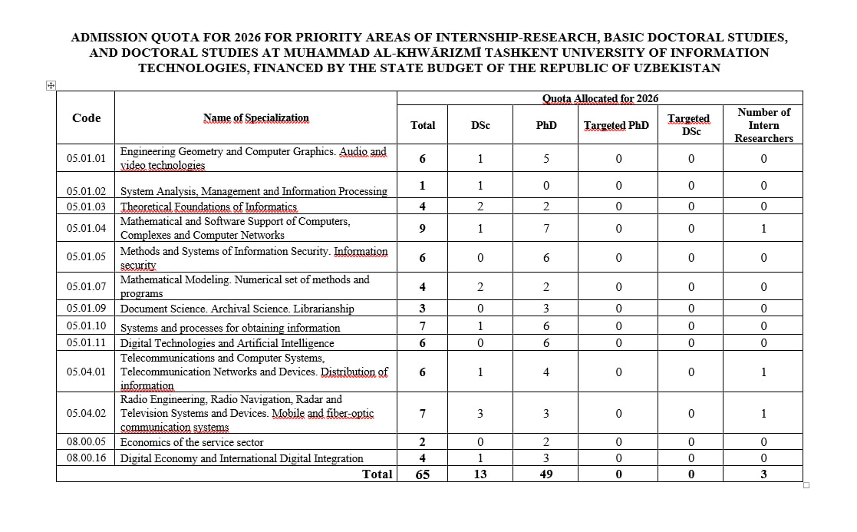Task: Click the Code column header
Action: click(x=86, y=118)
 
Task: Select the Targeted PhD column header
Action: click(x=616, y=125)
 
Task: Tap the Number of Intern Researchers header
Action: click(x=763, y=125)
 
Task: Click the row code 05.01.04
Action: click(x=86, y=228)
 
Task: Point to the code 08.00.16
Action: click(x=86, y=458)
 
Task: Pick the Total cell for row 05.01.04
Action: click(x=423, y=228)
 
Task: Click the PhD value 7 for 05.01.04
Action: click(x=546, y=228)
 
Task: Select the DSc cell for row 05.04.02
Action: click(x=480, y=414)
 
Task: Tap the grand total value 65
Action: click(x=423, y=474)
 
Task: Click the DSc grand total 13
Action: click(x=480, y=474)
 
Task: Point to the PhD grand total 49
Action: click(x=546, y=474)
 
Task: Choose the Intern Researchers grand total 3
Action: click(x=763, y=474)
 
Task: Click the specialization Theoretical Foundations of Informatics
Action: click(x=209, y=207)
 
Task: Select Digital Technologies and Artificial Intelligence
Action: click(x=227, y=343)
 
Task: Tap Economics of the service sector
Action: click(x=192, y=442)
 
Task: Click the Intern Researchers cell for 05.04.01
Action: click(x=763, y=372)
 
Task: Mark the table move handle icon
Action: click(x=51, y=86)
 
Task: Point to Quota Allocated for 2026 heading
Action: click(x=600, y=98)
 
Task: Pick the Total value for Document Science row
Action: click(x=423, y=309)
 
